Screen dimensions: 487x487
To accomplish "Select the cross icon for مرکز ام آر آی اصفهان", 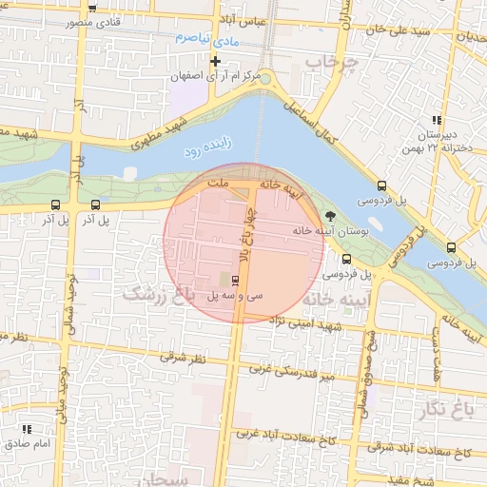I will pos(216,61).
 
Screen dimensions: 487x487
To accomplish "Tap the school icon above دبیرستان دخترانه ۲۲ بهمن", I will pos(436,120).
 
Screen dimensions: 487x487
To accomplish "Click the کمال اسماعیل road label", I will pos(315,124).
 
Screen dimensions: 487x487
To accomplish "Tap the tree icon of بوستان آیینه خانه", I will pos(330,216).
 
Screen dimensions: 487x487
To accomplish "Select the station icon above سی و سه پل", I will pos(235,280).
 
